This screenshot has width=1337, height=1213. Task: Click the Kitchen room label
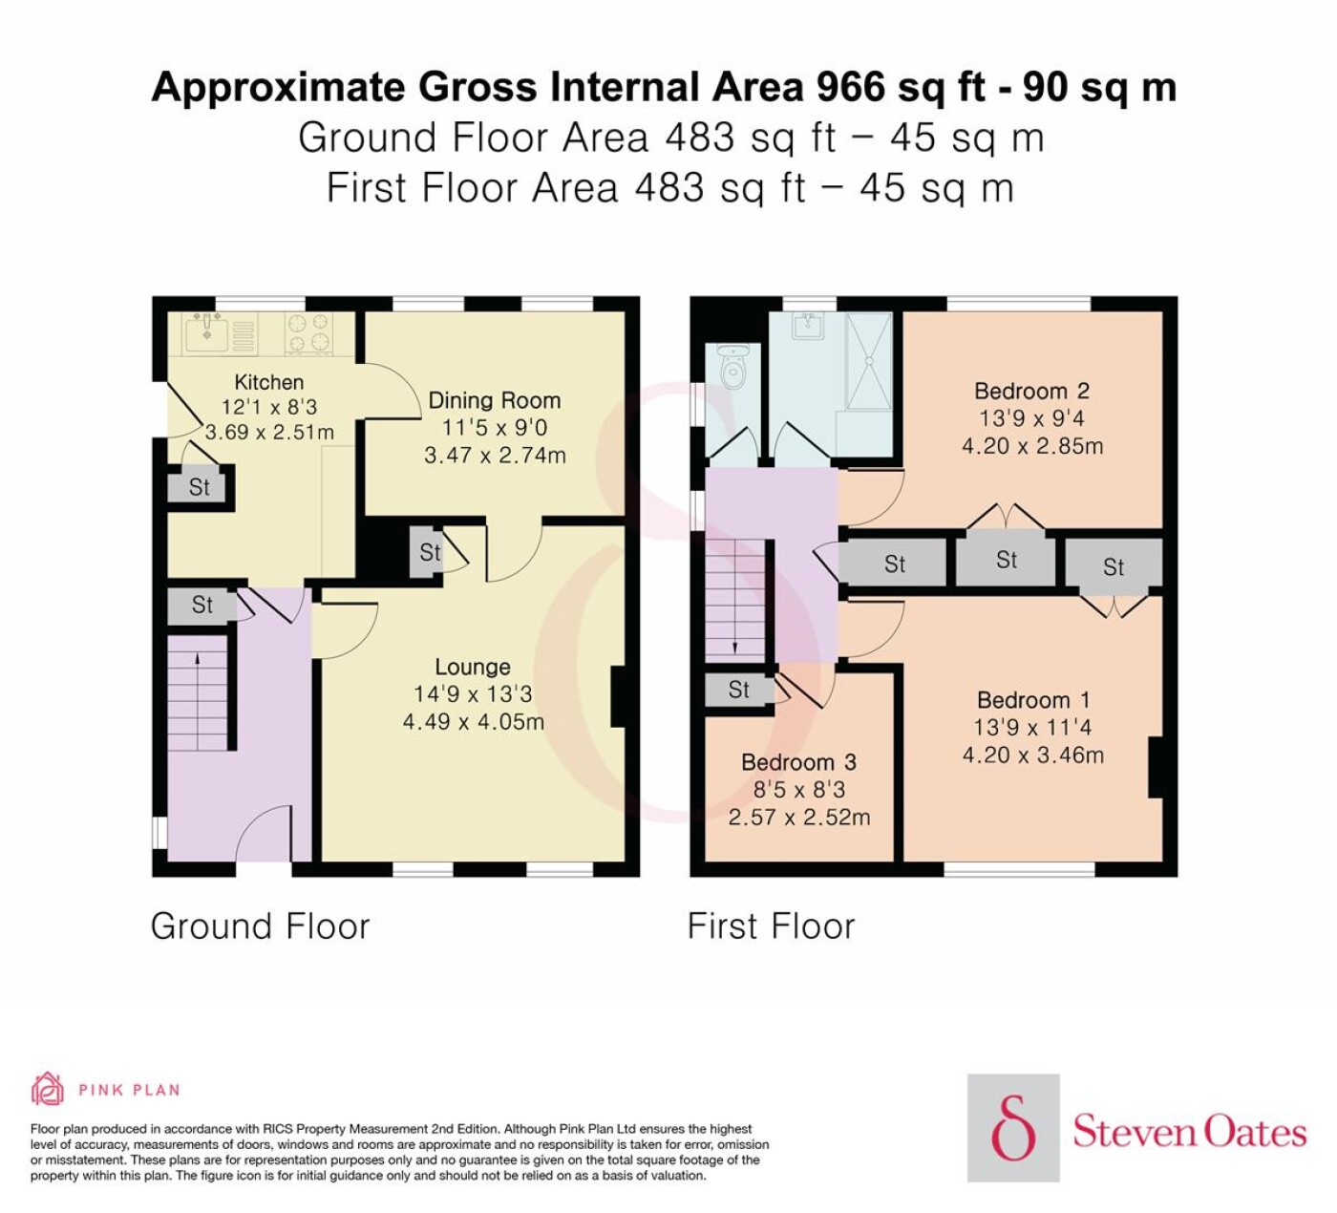click(x=269, y=382)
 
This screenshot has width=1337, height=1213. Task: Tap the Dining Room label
click(x=495, y=400)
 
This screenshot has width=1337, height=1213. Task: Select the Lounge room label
click(x=473, y=667)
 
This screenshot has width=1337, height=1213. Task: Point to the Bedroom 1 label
click(x=1033, y=700)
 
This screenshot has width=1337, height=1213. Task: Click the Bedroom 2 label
click(x=1031, y=391)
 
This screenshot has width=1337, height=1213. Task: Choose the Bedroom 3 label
click(x=798, y=762)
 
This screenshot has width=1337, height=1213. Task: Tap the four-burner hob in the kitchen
click(x=308, y=332)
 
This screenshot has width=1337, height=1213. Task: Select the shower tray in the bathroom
click(x=869, y=361)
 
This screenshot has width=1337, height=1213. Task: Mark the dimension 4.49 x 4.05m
click(x=474, y=721)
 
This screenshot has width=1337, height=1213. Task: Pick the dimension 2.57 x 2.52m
click(x=799, y=817)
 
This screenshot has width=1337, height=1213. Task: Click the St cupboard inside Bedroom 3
click(x=739, y=690)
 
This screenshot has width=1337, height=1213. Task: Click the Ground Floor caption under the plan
click(x=260, y=926)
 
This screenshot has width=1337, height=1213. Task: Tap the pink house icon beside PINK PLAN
click(x=48, y=1089)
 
